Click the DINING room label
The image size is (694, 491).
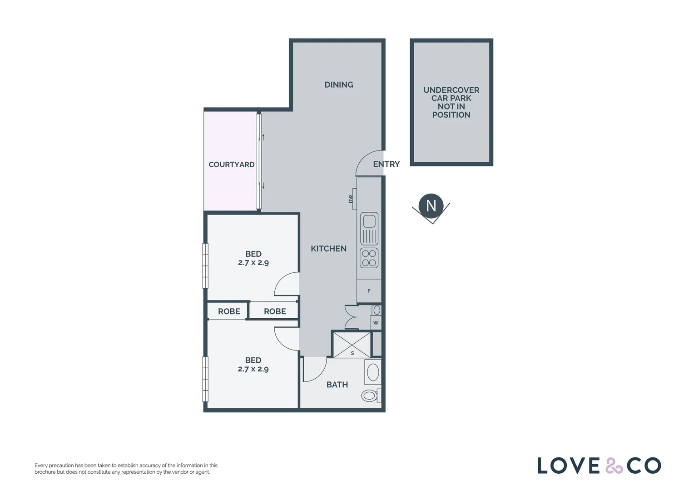click(x=339, y=85)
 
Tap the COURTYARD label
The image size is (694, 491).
click(x=231, y=165)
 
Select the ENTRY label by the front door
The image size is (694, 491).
click(x=386, y=164)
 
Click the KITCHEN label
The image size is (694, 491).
click(x=328, y=249)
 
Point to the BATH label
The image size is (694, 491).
click(x=337, y=385)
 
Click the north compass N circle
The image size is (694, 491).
click(x=431, y=205)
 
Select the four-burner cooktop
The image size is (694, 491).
click(x=369, y=258)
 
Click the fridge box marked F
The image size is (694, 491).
click(x=369, y=291)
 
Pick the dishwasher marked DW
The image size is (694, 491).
click(x=352, y=199)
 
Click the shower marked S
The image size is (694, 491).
click(x=352, y=345)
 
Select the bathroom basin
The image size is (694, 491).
click(x=373, y=372)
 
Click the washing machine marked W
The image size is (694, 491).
click(x=376, y=322)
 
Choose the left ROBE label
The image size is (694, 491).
click(x=229, y=311)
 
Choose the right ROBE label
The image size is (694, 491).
click(x=275, y=311)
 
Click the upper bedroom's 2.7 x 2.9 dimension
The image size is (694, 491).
click(x=253, y=263)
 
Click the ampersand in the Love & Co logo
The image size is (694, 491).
click(x=614, y=466)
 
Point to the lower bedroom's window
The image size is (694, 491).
click(x=205, y=379)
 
